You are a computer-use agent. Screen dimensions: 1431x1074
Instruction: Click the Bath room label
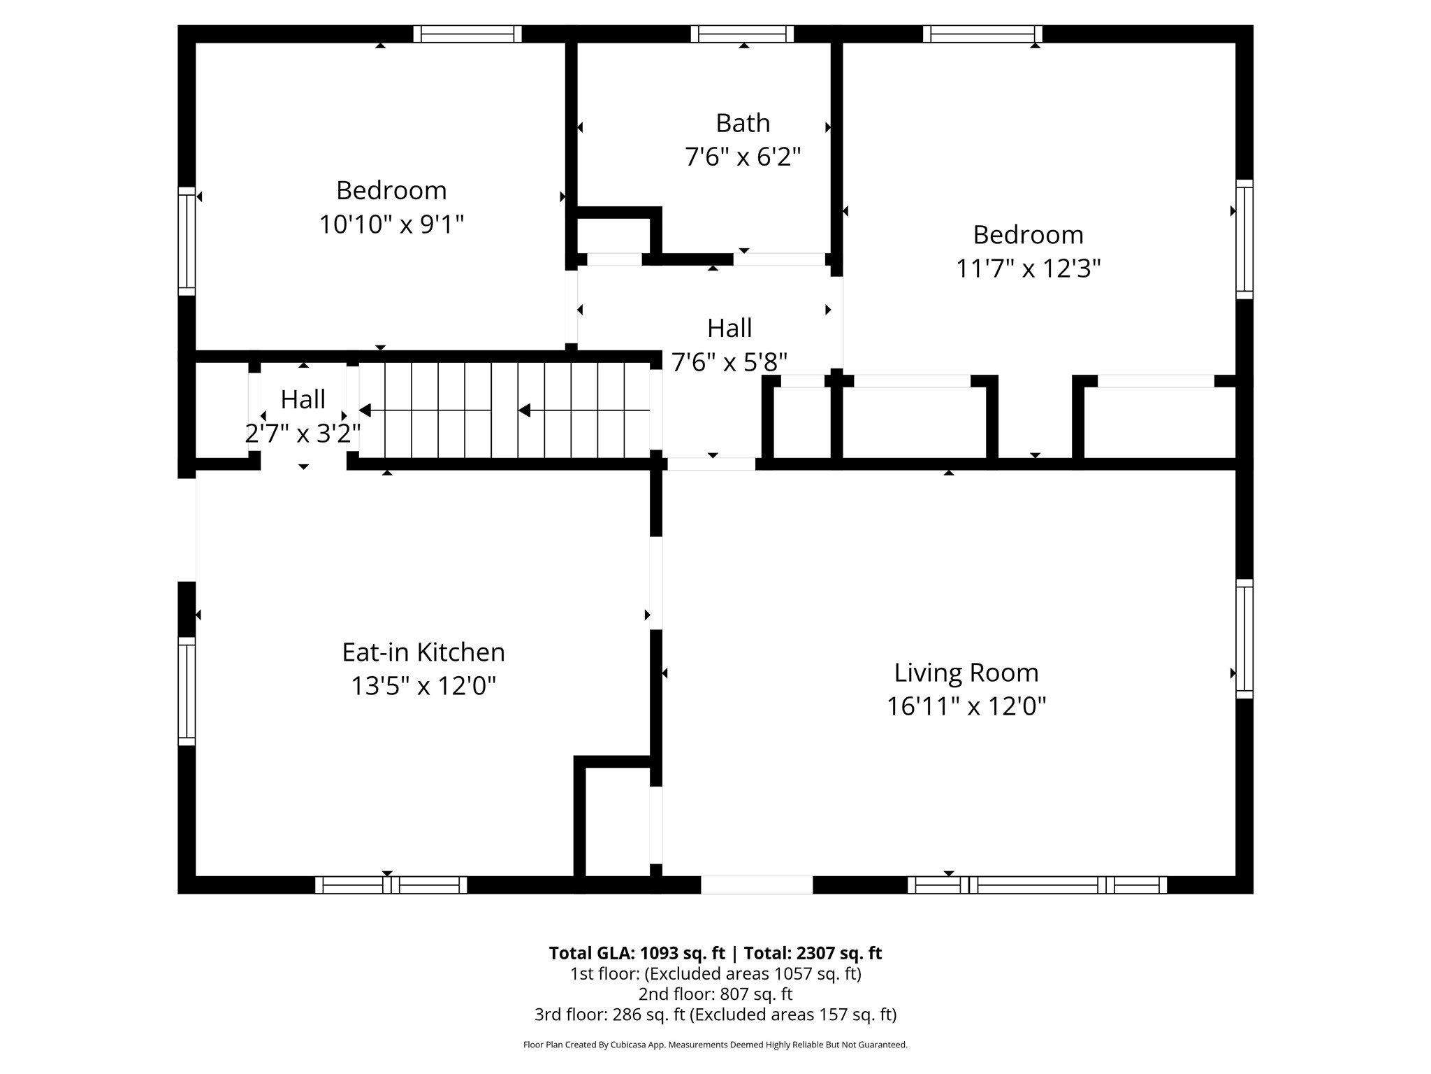tap(743, 123)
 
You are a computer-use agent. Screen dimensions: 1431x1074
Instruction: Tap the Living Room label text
tap(966, 673)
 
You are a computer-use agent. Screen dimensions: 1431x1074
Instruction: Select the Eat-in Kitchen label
tap(423, 652)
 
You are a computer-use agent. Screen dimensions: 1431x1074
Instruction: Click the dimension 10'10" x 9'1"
tap(391, 224)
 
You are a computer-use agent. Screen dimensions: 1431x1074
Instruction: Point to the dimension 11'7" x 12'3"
tap(1028, 268)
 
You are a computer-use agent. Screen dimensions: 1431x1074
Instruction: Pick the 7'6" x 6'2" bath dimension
tap(743, 157)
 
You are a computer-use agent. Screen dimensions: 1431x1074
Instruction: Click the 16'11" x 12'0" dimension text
tap(966, 706)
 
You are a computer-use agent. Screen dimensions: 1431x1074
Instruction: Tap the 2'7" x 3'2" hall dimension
tap(303, 434)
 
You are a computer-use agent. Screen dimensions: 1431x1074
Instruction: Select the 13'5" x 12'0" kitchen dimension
tap(423, 686)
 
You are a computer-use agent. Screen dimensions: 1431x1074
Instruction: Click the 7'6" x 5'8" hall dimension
tap(729, 362)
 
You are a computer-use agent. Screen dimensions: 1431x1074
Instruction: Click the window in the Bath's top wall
tap(742, 34)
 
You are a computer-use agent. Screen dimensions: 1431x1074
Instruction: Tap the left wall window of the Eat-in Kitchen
tap(187, 691)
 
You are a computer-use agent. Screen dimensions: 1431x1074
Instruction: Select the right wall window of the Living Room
tap(1244, 638)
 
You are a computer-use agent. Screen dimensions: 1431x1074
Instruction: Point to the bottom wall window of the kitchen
tap(391, 885)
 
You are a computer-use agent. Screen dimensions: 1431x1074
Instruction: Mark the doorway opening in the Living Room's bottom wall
tap(757, 885)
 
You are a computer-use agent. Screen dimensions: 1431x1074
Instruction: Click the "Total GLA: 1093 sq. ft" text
tap(637, 953)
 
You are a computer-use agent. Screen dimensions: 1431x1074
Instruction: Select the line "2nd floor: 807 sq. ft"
tap(715, 994)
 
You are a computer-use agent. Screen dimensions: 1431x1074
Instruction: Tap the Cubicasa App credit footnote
tap(715, 1045)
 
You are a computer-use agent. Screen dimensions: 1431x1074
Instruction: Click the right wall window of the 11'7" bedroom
tap(1244, 239)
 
